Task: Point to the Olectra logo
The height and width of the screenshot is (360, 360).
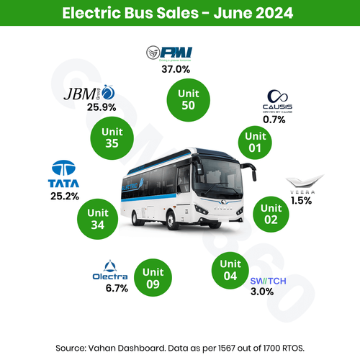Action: pos(110,271)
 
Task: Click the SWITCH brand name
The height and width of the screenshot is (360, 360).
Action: pos(268,281)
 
